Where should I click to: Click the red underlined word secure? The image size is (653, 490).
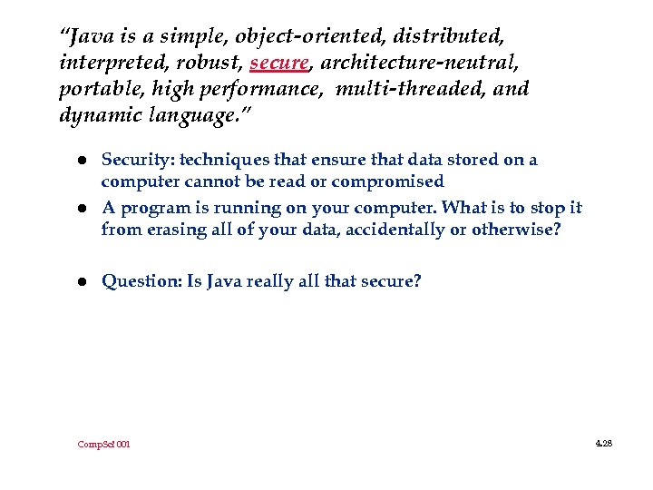(x=279, y=64)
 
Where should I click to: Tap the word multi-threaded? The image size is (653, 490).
(x=416, y=90)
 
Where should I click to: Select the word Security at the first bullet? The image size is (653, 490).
(x=136, y=161)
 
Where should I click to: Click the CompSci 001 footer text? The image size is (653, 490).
(x=103, y=445)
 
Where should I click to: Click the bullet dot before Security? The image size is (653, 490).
(x=81, y=161)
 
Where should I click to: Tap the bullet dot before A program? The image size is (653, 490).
(x=81, y=208)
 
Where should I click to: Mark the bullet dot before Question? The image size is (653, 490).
(x=81, y=282)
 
